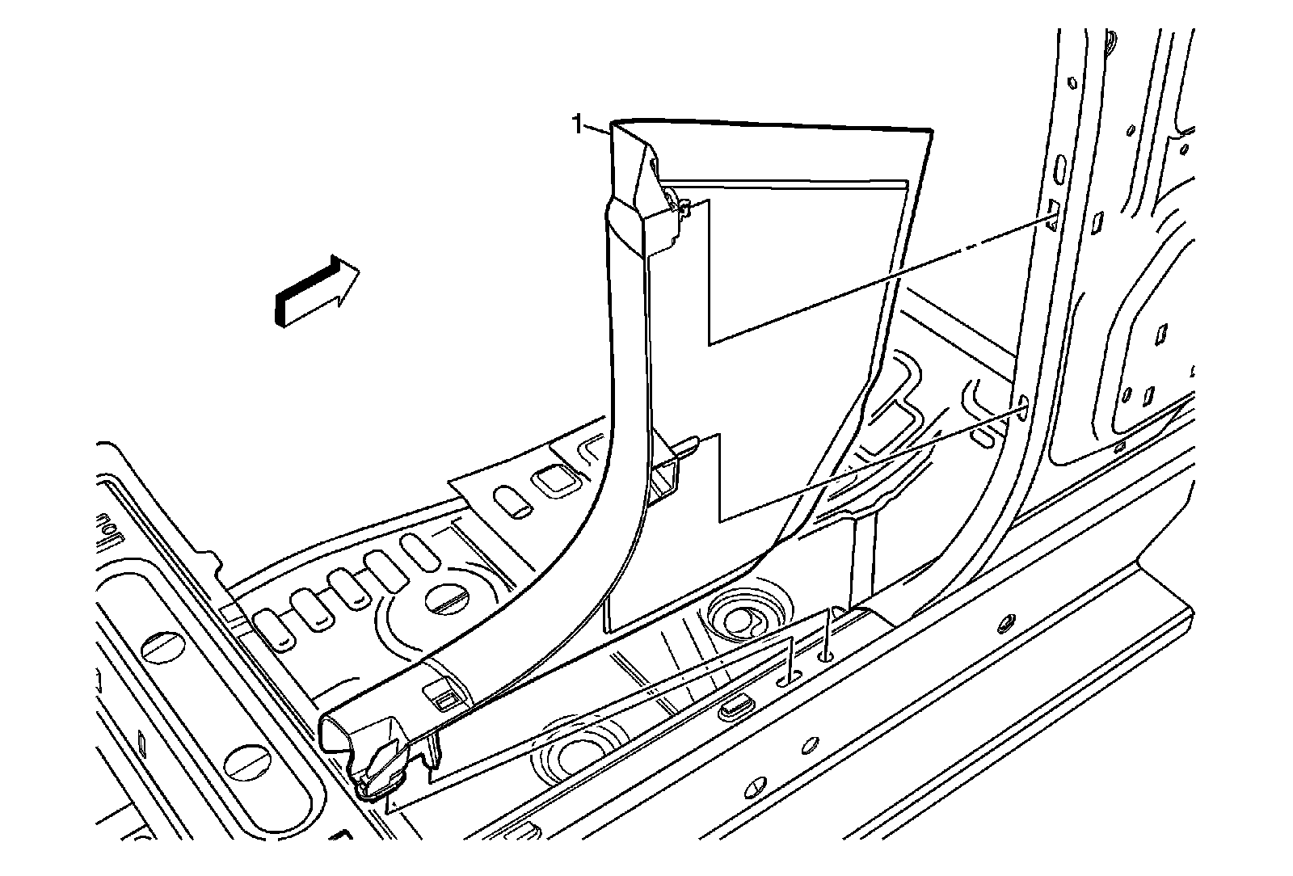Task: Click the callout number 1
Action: point(577,124)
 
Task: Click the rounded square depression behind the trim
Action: point(555,480)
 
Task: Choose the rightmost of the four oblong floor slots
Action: point(420,552)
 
